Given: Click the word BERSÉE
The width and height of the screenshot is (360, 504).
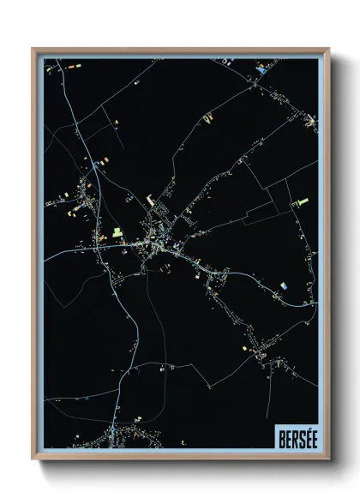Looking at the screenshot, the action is click(x=294, y=436).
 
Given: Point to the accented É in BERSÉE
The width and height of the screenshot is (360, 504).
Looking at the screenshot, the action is click(x=303, y=436).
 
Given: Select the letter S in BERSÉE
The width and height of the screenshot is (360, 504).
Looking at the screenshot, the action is click(x=297, y=436).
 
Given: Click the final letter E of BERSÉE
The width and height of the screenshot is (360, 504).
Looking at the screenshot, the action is click(x=309, y=436).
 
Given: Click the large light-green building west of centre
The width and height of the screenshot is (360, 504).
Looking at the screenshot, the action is click(x=117, y=232).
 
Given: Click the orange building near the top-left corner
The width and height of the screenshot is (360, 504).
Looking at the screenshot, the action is click(x=72, y=64).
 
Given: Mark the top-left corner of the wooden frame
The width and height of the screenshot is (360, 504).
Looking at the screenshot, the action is click(x=33, y=49).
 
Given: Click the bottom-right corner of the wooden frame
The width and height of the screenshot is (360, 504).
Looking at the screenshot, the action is click(x=327, y=459).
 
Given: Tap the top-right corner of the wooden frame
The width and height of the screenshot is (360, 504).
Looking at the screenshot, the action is click(x=327, y=49).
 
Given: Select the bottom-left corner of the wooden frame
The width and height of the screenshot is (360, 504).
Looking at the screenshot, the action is click(x=33, y=459).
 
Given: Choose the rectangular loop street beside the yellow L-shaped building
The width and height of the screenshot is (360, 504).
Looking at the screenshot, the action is click(x=159, y=209).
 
